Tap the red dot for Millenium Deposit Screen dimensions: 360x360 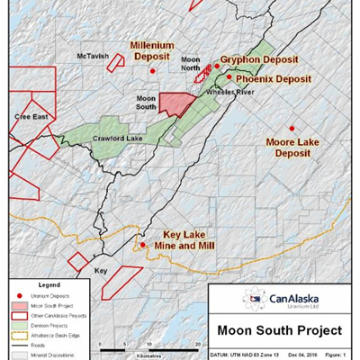(153, 69)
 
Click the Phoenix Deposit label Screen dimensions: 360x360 (274, 79)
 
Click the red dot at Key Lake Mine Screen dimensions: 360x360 (142, 244)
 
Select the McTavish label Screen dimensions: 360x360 (93, 56)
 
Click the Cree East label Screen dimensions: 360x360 (22, 117)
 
